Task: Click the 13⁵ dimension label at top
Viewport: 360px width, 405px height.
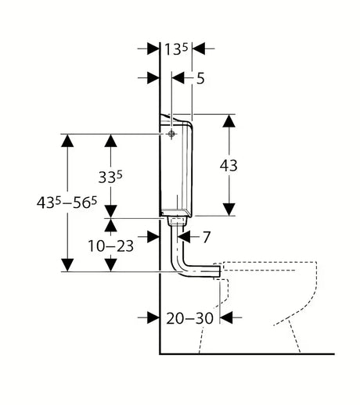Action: point(176,49)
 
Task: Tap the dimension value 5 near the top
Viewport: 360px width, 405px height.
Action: point(200,78)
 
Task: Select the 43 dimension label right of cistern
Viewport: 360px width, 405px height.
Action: point(229,166)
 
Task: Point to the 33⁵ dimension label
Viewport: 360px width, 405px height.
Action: point(110,177)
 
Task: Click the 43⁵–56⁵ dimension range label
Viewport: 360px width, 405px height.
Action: point(67,202)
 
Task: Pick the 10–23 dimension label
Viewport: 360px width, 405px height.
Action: point(110,246)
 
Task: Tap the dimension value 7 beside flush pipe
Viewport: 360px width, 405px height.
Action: point(206,237)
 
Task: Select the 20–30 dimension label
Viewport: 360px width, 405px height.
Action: point(189,318)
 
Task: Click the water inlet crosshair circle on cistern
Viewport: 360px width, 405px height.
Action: point(171,134)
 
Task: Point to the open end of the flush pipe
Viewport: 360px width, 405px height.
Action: point(220,271)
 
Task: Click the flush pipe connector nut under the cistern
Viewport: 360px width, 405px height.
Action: point(177,221)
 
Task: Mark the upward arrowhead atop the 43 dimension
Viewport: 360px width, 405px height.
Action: point(229,121)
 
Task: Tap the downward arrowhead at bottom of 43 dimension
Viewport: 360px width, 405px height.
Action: point(229,210)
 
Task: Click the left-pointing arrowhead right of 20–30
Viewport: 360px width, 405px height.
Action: point(226,317)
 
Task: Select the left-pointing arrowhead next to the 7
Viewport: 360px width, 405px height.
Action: point(184,237)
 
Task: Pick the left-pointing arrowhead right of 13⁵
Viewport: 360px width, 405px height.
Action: point(199,48)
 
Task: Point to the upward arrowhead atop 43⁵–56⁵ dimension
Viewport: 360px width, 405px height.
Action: point(67,141)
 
